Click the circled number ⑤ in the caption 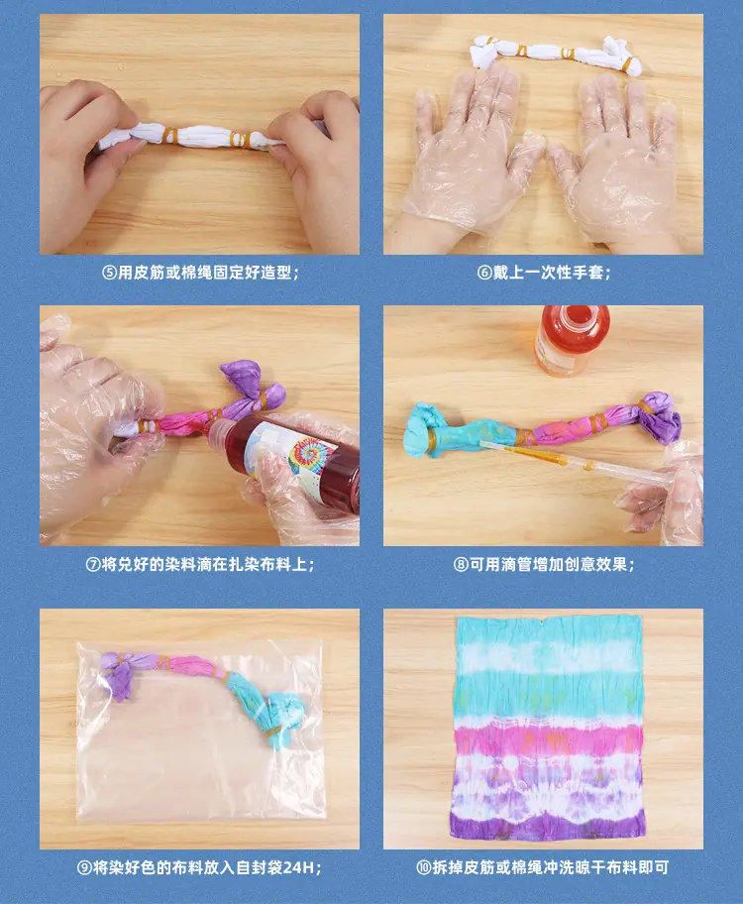tap(110, 273)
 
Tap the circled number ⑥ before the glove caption tap(484, 273)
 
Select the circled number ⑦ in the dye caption tap(93, 564)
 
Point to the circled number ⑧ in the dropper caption tap(460, 564)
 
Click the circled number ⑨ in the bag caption tap(85, 867)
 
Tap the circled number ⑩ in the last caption tap(424, 867)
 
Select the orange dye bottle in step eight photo tap(573, 340)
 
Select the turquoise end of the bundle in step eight tap(424, 429)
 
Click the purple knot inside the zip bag tap(120, 675)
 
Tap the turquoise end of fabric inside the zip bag tap(282, 717)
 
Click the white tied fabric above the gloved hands tap(557, 55)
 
